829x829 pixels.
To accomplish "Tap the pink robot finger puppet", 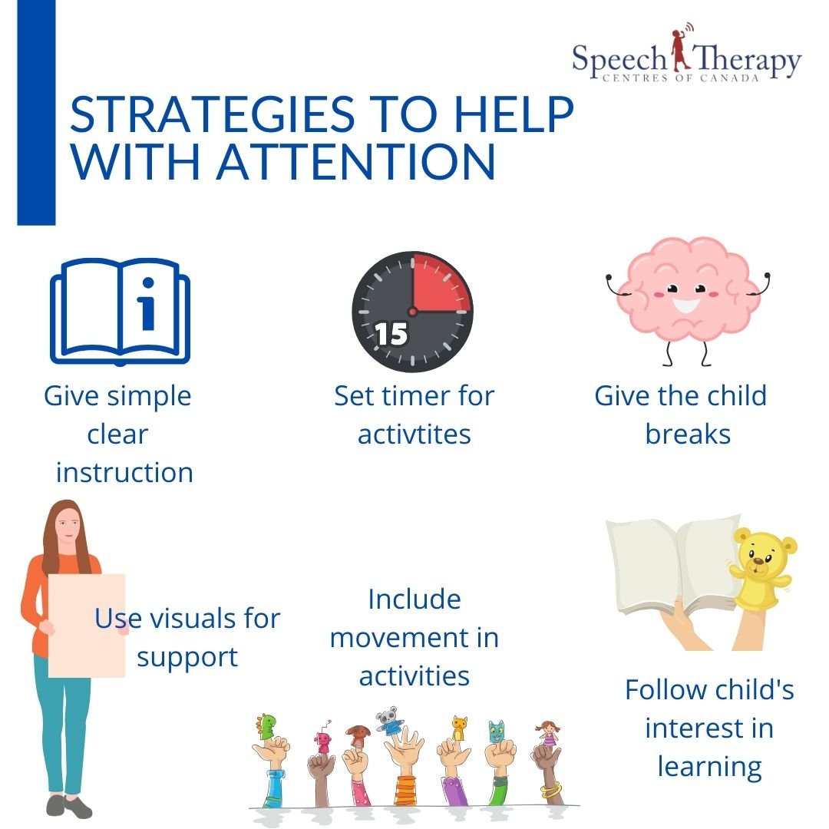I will pos(323,740).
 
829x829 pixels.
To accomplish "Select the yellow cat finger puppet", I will pos(459,725).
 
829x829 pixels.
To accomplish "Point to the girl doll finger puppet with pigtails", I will pos(548,732).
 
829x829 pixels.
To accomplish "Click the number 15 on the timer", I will pos(391,334).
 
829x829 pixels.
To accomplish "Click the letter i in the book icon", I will pos(147,307).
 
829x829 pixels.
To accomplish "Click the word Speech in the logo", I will pos(617,60).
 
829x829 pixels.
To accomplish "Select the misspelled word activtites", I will pos(414,434).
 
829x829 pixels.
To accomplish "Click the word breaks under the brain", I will pos(687,434).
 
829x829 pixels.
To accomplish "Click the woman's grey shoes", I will pos(68,806).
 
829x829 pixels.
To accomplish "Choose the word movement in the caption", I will pos(414,638).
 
